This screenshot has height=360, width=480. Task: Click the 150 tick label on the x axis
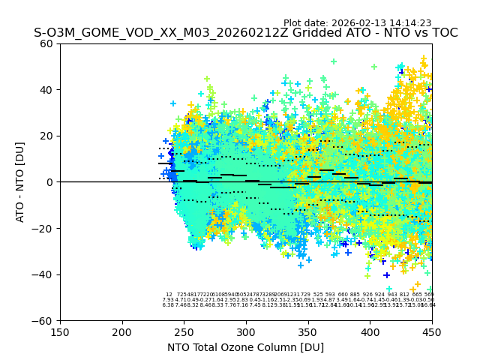click(60, 331)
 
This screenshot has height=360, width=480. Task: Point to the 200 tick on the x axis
click(122, 331)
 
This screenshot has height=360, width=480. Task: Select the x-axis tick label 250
click(184, 331)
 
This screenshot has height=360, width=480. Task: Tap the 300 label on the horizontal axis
click(246, 331)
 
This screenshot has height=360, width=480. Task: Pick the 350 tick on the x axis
click(307, 331)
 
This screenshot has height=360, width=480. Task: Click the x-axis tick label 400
click(370, 331)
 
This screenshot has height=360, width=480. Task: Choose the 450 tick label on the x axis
click(431, 331)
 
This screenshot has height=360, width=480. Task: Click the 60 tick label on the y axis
click(47, 43)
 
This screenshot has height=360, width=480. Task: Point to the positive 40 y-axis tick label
click(47, 90)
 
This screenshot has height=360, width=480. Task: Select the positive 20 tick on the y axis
click(47, 136)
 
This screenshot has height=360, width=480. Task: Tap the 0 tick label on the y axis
click(50, 182)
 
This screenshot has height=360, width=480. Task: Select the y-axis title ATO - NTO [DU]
click(21, 181)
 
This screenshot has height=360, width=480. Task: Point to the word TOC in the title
click(442, 34)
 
